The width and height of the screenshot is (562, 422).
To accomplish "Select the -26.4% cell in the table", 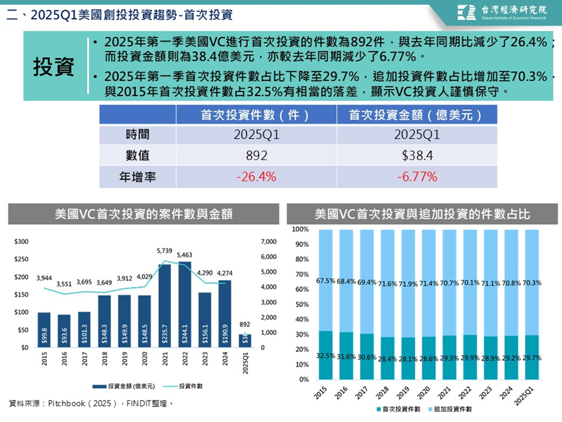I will (x=256, y=176).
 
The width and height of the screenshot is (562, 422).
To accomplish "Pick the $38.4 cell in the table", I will (x=416, y=156).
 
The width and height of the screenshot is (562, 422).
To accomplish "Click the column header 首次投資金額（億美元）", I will (x=416, y=115).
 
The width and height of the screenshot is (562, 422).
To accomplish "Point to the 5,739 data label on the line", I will (x=164, y=250).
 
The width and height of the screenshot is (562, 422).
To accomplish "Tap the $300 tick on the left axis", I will (x=21, y=242).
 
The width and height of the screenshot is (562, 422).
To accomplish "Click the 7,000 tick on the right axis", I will (x=268, y=242).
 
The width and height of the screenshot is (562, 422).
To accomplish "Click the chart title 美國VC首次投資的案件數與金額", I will (x=144, y=213).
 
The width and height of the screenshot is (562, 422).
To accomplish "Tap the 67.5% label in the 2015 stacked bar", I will (x=326, y=282).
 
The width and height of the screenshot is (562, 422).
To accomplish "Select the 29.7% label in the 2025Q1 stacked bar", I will (x=531, y=358).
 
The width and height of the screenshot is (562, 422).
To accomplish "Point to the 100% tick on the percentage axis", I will (x=300, y=230).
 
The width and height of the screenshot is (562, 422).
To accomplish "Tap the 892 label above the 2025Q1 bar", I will (x=244, y=324).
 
